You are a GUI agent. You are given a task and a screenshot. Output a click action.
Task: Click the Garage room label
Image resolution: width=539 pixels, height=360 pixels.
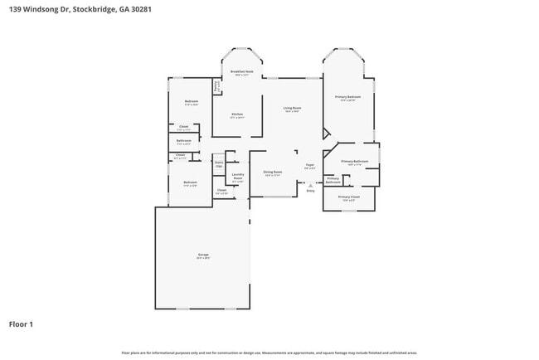click(x=203, y=255)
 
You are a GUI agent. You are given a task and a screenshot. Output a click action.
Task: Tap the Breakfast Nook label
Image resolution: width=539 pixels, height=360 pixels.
click(x=242, y=72)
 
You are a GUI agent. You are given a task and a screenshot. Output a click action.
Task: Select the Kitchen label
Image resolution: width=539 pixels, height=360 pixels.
click(x=237, y=114)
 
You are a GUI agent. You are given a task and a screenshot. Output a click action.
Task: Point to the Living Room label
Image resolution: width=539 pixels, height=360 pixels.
click(x=292, y=108)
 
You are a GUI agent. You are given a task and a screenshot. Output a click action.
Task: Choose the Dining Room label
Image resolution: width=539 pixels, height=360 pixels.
click(x=273, y=172)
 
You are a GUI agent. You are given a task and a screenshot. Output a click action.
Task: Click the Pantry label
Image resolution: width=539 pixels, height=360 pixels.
click(x=216, y=84)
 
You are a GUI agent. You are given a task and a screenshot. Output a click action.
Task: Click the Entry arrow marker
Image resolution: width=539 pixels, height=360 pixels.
click(x=310, y=186)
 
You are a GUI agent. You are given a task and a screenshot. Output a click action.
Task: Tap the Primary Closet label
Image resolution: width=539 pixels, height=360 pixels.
click(x=349, y=197)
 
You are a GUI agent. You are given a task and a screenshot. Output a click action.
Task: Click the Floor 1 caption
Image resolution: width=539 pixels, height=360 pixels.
click(x=21, y=324)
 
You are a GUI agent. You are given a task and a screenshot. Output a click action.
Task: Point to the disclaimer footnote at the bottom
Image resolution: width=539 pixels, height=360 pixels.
click(x=269, y=353)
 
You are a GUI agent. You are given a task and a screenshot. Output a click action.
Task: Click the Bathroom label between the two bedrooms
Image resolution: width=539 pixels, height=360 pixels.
click(x=184, y=141)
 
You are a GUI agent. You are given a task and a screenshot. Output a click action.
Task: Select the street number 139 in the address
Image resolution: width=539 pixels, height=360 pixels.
click(x=15, y=9)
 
